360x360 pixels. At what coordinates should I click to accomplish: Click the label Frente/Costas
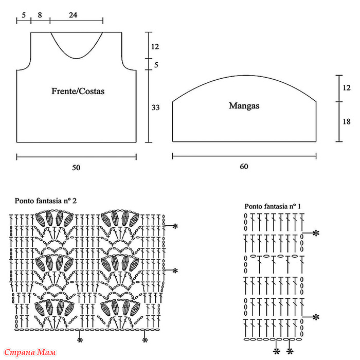point(78,92)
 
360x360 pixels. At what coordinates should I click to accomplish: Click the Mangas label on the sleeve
point(244,105)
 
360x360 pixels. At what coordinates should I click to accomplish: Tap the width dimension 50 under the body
point(76,168)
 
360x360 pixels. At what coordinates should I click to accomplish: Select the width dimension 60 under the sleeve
point(244,167)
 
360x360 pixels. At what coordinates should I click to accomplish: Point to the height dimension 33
point(155,107)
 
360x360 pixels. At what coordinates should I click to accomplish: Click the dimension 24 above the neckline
point(73,15)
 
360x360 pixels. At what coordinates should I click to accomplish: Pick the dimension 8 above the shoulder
point(40,15)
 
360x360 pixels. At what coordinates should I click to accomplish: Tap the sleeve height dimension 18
point(347,121)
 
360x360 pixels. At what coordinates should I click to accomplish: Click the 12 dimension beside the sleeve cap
point(347,88)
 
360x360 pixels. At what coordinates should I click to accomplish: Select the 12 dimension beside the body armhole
point(155,47)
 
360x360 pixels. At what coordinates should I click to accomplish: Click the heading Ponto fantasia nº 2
point(46,201)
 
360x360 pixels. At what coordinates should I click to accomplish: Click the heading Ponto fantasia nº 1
point(273,206)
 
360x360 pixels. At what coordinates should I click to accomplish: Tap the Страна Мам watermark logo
point(30,352)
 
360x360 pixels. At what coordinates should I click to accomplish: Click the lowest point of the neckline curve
point(77,59)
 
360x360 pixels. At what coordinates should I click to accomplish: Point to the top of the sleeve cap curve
point(244,76)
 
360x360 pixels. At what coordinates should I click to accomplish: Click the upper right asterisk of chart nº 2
point(175,226)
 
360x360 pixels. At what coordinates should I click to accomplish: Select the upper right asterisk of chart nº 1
point(316,233)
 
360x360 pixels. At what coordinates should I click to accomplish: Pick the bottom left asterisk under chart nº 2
point(80,340)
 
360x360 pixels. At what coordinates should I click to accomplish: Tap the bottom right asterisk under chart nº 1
point(290,351)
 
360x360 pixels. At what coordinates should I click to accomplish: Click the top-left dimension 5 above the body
point(24,15)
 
